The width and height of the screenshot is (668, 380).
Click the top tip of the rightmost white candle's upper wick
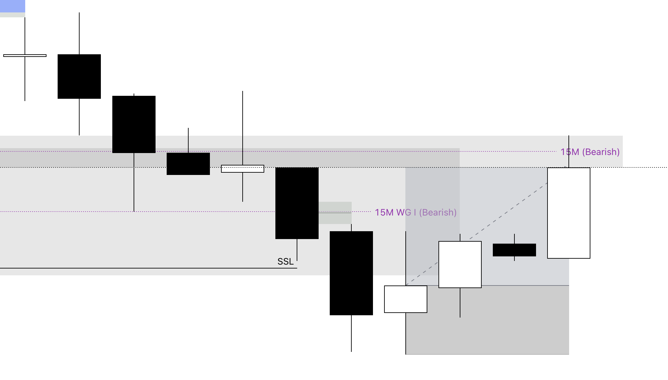tap(569, 136)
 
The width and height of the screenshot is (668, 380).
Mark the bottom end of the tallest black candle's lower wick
tap(351, 352)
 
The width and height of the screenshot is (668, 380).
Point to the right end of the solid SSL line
tap(297, 268)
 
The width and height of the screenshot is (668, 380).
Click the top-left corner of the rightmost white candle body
tap(547, 168)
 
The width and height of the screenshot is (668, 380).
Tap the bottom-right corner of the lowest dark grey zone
tap(569, 354)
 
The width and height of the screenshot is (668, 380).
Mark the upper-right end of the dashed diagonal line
tap(547, 183)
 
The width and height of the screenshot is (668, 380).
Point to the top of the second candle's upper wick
tap(79, 13)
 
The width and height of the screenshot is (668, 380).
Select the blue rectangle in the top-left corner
tap(12, 6)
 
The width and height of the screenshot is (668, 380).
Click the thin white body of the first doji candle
tap(25, 56)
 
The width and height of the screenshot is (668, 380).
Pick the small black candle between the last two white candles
tap(514, 250)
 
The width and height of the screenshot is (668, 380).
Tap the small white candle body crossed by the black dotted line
tap(243, 169)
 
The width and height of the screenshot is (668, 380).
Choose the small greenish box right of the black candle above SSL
tap(335, 213)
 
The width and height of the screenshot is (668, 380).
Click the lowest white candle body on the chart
tap(406, 299)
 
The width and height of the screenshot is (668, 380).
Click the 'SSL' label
tap(286, 262)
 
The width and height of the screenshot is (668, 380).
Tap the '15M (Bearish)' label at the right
tap(590, 152)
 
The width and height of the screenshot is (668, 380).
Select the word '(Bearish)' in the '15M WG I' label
tap(438, 213)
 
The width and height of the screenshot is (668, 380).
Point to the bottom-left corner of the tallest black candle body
tap(330, 315)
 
